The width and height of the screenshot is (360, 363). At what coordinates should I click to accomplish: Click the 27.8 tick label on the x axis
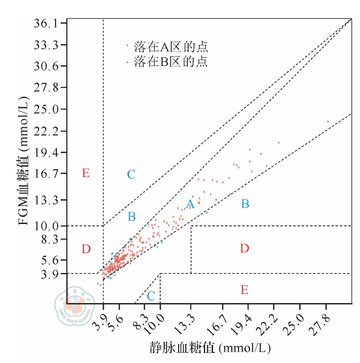(322, 322)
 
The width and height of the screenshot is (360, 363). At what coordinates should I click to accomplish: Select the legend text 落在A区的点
(170, 46)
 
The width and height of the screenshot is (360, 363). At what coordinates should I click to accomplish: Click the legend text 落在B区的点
(170, 62)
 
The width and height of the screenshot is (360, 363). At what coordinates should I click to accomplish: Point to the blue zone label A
(190, 204)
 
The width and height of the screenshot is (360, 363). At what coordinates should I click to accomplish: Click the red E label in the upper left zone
(86, 173)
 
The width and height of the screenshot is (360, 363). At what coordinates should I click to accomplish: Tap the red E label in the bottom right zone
(244, 289)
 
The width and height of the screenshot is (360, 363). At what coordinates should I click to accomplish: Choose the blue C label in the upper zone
(131, 175)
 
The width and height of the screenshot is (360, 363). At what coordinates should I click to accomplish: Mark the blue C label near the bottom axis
(151, 296)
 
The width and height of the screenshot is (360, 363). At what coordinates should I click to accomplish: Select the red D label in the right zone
(244, 249)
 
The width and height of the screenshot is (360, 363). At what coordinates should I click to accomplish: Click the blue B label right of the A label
(245, 204)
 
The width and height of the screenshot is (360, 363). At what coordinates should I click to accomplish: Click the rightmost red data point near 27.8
(328, 122)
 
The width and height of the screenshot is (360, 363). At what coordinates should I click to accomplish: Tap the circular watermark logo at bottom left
(74, 309)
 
